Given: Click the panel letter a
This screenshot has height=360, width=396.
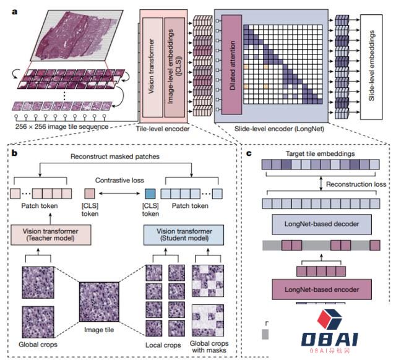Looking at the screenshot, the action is pyautogui.click(x=15, y=12).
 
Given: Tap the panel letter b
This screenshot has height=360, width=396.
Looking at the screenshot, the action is pyautogui.click(x=14, y=153).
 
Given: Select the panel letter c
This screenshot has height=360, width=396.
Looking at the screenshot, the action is pyautogui.click(x=249, y=153).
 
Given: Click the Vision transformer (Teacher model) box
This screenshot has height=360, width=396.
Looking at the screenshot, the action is pyautogui.click(x=51, y=235).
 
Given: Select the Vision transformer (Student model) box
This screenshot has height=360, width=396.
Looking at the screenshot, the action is pyautogui.click(x=184, y=235).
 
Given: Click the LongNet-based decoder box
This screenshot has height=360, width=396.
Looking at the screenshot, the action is pyautogui.click(x=322, y=224).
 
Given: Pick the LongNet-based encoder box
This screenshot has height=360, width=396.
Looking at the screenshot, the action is pyautogui.click(x=322, y=289).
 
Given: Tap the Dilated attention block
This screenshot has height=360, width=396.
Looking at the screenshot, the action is pyautogui.click(x=231, y=64).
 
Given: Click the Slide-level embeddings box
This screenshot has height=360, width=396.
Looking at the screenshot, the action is pyautogui.click(x=371, y=67).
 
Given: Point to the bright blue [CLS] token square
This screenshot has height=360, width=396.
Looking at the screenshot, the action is pyautogui.click(x=150, y=194).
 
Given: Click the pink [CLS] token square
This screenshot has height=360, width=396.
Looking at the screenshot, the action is pyautogui.click(x=90, y=194).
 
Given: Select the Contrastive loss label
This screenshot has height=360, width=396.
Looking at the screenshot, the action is pyautogui.click(x=119, y=180).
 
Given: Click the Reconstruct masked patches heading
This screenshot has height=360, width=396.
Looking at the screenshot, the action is pyautogui.click(x=115, y=156).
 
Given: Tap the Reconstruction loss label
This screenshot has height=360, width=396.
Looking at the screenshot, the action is pyautogui.click(x=356, y=184).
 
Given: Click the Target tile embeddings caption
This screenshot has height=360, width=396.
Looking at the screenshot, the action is pyautogui.click(x=320, y=154).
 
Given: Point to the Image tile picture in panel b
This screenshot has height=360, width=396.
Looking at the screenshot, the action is pyautogui.click(x=99, y=302).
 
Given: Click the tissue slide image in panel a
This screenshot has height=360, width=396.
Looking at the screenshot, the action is pyautogui.click(x=77, y=35).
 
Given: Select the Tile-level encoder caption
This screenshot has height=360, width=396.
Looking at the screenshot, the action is pyautogui.click(x=163, y=129).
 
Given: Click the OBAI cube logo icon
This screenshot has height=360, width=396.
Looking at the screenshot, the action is pyautogui.click(x=329, y=319).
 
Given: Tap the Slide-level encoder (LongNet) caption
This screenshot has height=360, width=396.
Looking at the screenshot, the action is pyautogui.click(x=279, y=129).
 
